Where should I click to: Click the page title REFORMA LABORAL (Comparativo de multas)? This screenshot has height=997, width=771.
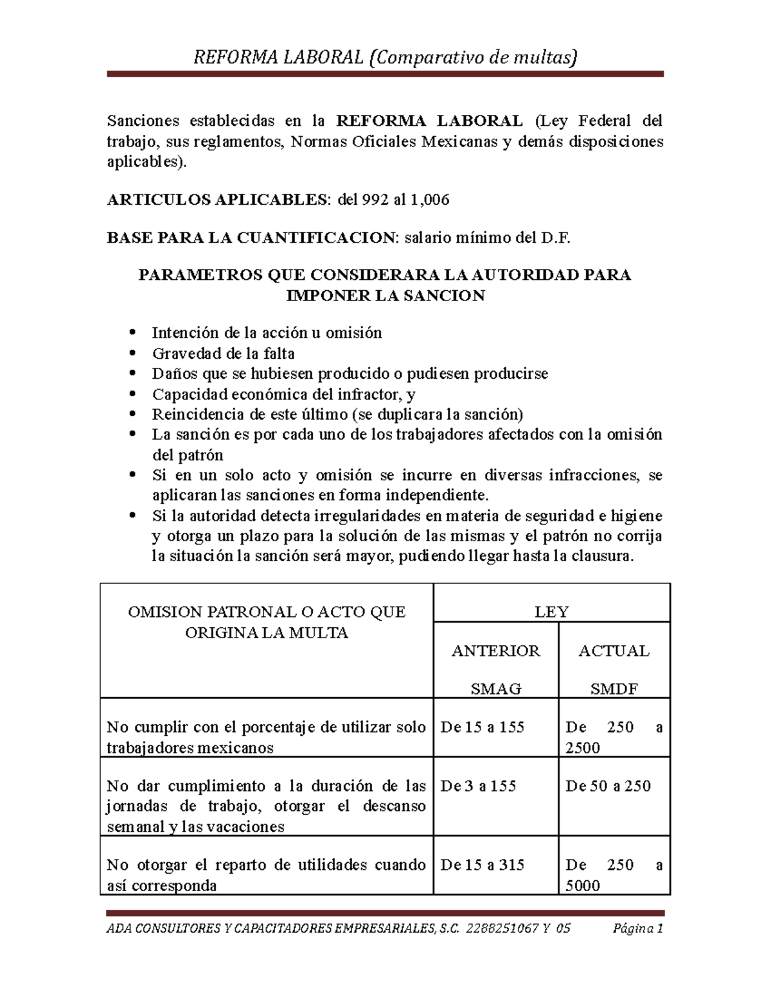(x=385, y=58)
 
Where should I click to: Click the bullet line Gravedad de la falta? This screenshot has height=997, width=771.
(x=223, y=353)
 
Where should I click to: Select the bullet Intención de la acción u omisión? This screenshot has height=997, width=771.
(x=267, y=333)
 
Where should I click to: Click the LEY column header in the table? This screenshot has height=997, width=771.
(x=551, y=612)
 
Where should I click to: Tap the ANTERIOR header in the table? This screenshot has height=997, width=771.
(x=495, y=651)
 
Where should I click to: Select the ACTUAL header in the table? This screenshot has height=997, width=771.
(x=614, y=651)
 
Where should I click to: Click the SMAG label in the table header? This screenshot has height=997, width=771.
(x=495, y=689)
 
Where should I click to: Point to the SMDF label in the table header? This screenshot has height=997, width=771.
(x=614, y=689)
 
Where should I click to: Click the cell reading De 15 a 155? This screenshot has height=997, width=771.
(x=482, y=727)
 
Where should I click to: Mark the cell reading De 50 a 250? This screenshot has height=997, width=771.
(x=607, y=786)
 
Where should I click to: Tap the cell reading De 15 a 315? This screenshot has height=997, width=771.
(x=482, y=865)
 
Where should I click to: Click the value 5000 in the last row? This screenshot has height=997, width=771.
(x=582, y=886)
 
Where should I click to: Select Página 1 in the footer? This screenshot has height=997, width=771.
(x=638, y=928)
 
